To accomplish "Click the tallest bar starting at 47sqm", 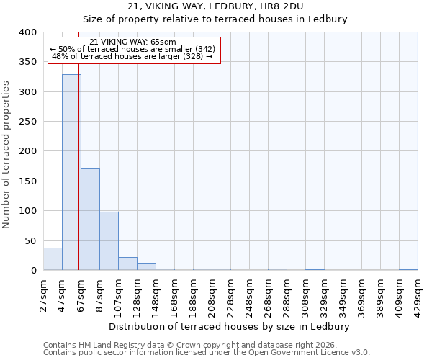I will coord(71,173).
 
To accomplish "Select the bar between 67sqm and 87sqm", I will coord(90,220).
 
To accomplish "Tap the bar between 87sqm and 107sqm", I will coord(109,241).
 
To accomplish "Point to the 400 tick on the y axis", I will coord(28,32).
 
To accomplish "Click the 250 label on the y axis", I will coord(28,122).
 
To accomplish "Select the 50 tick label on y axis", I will coord(31,240).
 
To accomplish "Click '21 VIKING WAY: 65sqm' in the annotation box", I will coord(132,42).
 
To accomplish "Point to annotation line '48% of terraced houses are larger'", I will coord(132,56).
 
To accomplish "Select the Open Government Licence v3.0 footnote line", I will coord(206,353).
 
